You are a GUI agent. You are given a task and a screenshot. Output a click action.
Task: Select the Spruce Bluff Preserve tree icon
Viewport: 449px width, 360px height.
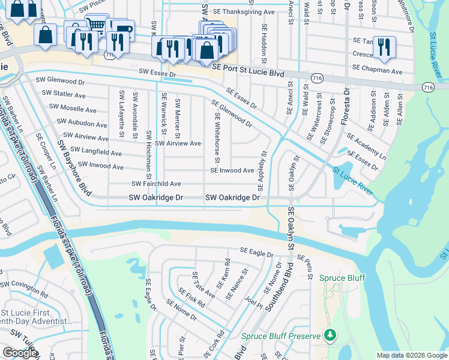(329, 334)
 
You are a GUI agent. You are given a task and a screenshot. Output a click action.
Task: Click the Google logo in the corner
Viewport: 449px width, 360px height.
(20, 353)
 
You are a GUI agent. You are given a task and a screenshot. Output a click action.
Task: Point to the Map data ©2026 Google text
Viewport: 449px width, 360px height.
(412, 355)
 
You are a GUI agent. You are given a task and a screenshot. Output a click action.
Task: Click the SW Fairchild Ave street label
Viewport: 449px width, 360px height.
(156, 184)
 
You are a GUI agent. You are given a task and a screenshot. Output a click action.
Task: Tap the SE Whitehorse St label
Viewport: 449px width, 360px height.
(216, 131)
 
